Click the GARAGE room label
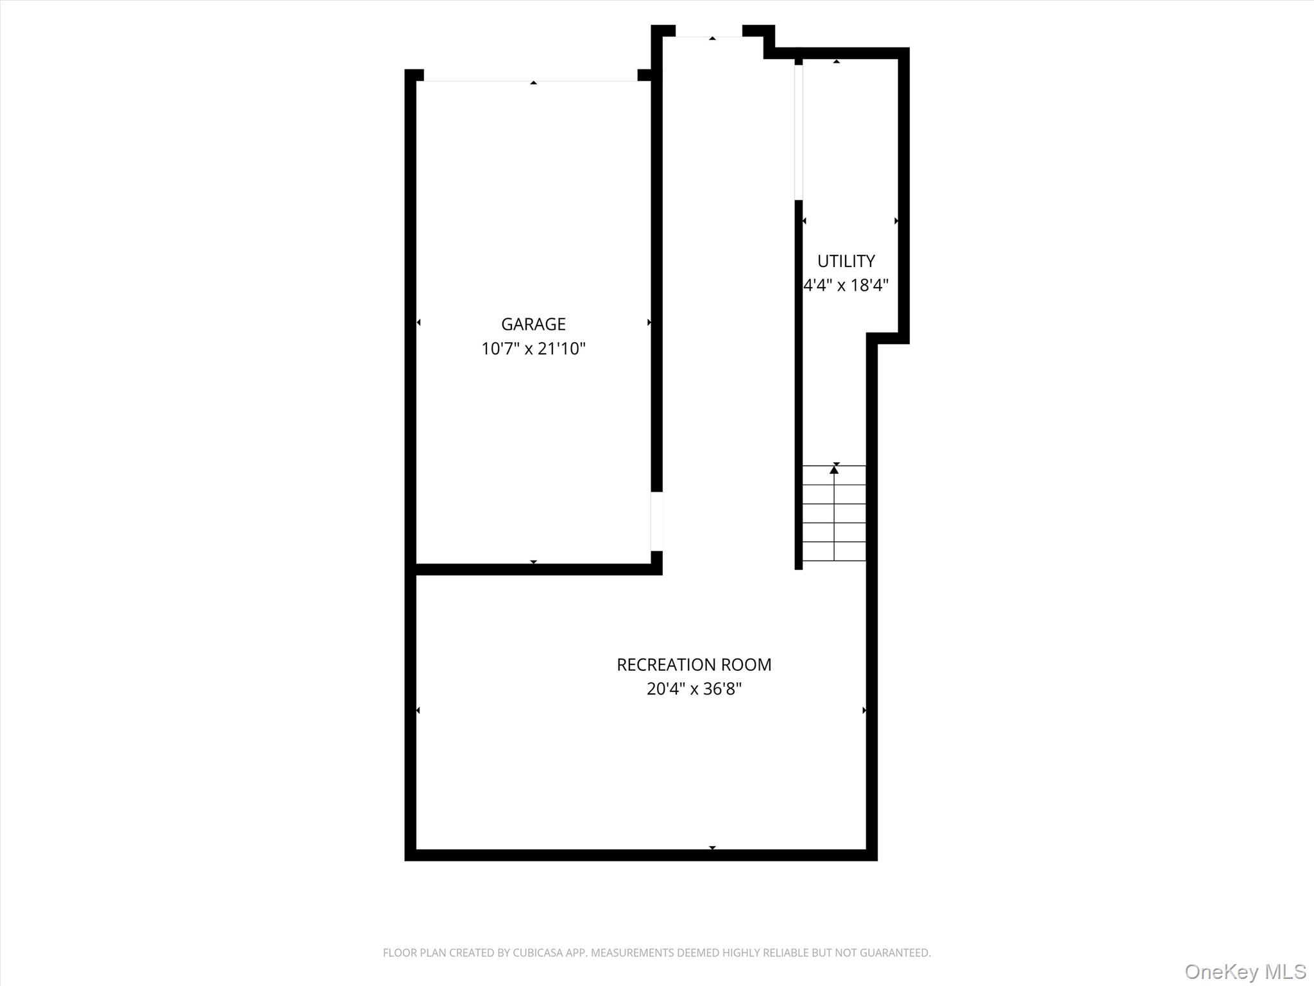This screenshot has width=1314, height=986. [533, 324]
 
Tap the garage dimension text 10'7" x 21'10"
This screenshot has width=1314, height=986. [533, 349]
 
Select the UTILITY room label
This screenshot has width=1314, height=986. [846, 261]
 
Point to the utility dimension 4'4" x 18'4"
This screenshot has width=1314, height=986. [846, 285]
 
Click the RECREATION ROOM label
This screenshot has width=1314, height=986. [694, 664]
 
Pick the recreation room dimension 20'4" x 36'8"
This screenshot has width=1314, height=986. [694, 689]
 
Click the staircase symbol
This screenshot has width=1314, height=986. [833, 514]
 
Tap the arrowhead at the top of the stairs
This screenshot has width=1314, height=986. [833, 470]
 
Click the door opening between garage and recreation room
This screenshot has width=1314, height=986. [656, 521]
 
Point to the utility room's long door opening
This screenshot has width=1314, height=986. [799, 132]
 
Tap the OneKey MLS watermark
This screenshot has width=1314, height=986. [1245, 971]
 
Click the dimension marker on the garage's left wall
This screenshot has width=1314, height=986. [418, 322]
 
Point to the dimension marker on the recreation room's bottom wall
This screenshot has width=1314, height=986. [712, 848]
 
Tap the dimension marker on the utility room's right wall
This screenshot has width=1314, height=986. [896, 221]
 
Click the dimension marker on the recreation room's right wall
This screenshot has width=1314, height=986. [864, 710]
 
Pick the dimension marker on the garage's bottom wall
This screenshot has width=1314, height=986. [533, 562]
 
